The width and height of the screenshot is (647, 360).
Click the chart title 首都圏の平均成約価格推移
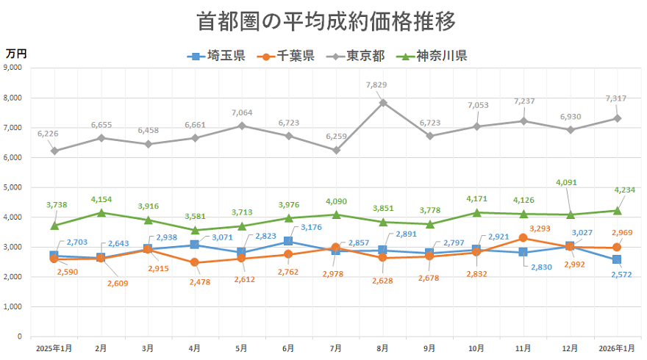326,21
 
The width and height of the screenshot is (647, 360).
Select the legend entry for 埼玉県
217,56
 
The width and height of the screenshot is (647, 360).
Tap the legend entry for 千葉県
290,56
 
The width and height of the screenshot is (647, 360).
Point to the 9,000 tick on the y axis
13,68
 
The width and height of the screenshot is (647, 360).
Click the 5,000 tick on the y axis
13,187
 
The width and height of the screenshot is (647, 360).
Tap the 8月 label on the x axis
382,348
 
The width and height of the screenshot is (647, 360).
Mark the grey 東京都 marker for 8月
383,103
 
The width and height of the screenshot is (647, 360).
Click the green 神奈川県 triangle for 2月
101,212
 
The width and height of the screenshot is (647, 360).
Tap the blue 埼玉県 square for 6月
289,242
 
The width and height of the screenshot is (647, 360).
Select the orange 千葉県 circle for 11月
523,238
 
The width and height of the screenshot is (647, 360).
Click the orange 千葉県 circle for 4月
195,262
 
